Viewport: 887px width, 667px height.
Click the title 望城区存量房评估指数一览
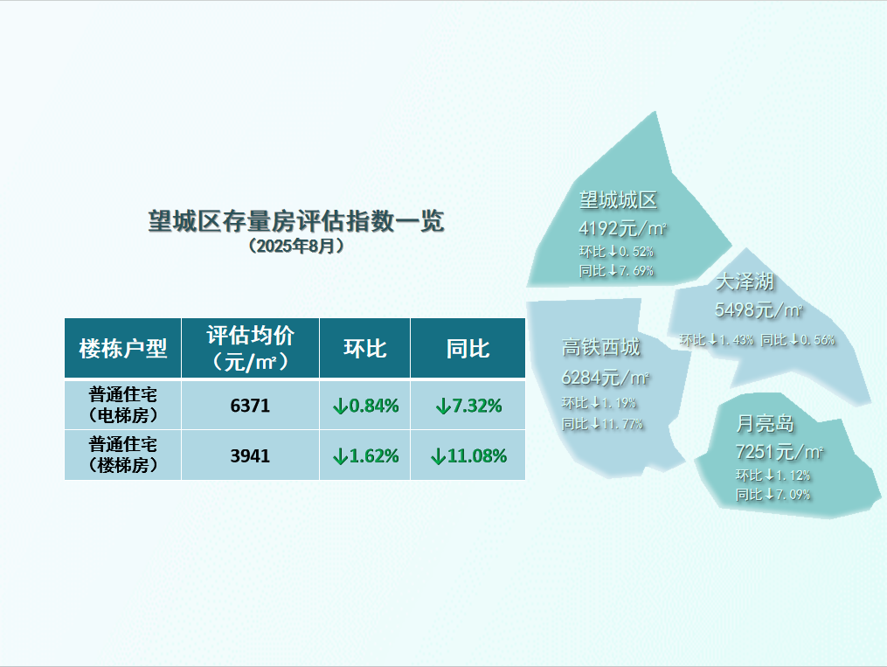(296, 220)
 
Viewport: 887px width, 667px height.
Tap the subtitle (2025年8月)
(296, 247)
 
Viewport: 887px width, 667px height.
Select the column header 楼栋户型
(122, 349)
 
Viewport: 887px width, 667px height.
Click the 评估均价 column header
(250, 348)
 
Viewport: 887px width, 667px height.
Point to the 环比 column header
(365, 349)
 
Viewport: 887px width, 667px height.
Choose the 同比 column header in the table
(468, 349)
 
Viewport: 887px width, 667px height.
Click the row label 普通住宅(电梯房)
(122, 405)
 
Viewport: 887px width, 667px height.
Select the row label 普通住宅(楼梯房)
(122, 455)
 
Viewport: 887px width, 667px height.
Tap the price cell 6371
(250, 406)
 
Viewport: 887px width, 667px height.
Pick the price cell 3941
(250, 456)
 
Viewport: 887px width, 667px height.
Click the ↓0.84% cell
(365, 406)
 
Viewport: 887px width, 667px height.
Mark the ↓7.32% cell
(468, 406)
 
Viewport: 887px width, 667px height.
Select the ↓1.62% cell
(365, 456)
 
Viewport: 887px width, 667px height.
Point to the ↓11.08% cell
(468, 456)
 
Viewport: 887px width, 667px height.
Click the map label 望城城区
(619, 199)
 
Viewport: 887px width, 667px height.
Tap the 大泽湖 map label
(745, 281)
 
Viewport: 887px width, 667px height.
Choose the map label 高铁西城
(600, 347)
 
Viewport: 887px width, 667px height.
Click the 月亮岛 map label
(765, 423)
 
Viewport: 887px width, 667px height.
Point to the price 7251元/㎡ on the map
(779, 452)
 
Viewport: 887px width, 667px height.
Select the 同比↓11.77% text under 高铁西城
(602, 424)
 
